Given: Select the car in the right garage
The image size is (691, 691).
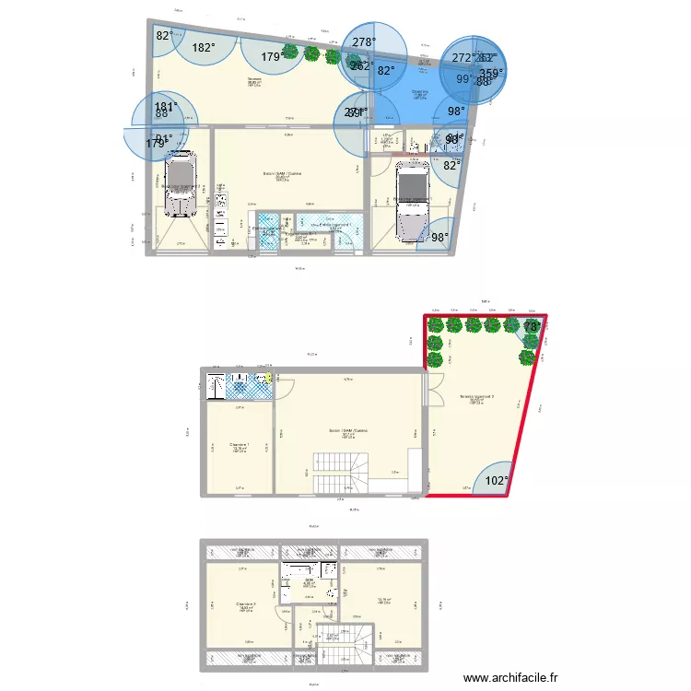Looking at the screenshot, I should (x=409, y=203).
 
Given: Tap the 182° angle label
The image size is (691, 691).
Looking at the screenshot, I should (x=203, y=49).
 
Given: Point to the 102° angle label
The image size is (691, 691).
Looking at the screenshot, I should (x=497, y=480).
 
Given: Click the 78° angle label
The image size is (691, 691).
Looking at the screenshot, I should (x=533, y=327).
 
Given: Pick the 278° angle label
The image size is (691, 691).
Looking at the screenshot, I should (x=364, y=42).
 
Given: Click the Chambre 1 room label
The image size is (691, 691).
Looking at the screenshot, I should (x=240, y=445).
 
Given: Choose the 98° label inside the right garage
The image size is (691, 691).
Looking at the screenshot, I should (x=440, y=238).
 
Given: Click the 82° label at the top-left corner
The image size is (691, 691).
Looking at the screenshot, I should (x=163, y=36).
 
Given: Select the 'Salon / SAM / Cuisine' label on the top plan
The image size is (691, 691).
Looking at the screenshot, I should (x=282, y=173).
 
